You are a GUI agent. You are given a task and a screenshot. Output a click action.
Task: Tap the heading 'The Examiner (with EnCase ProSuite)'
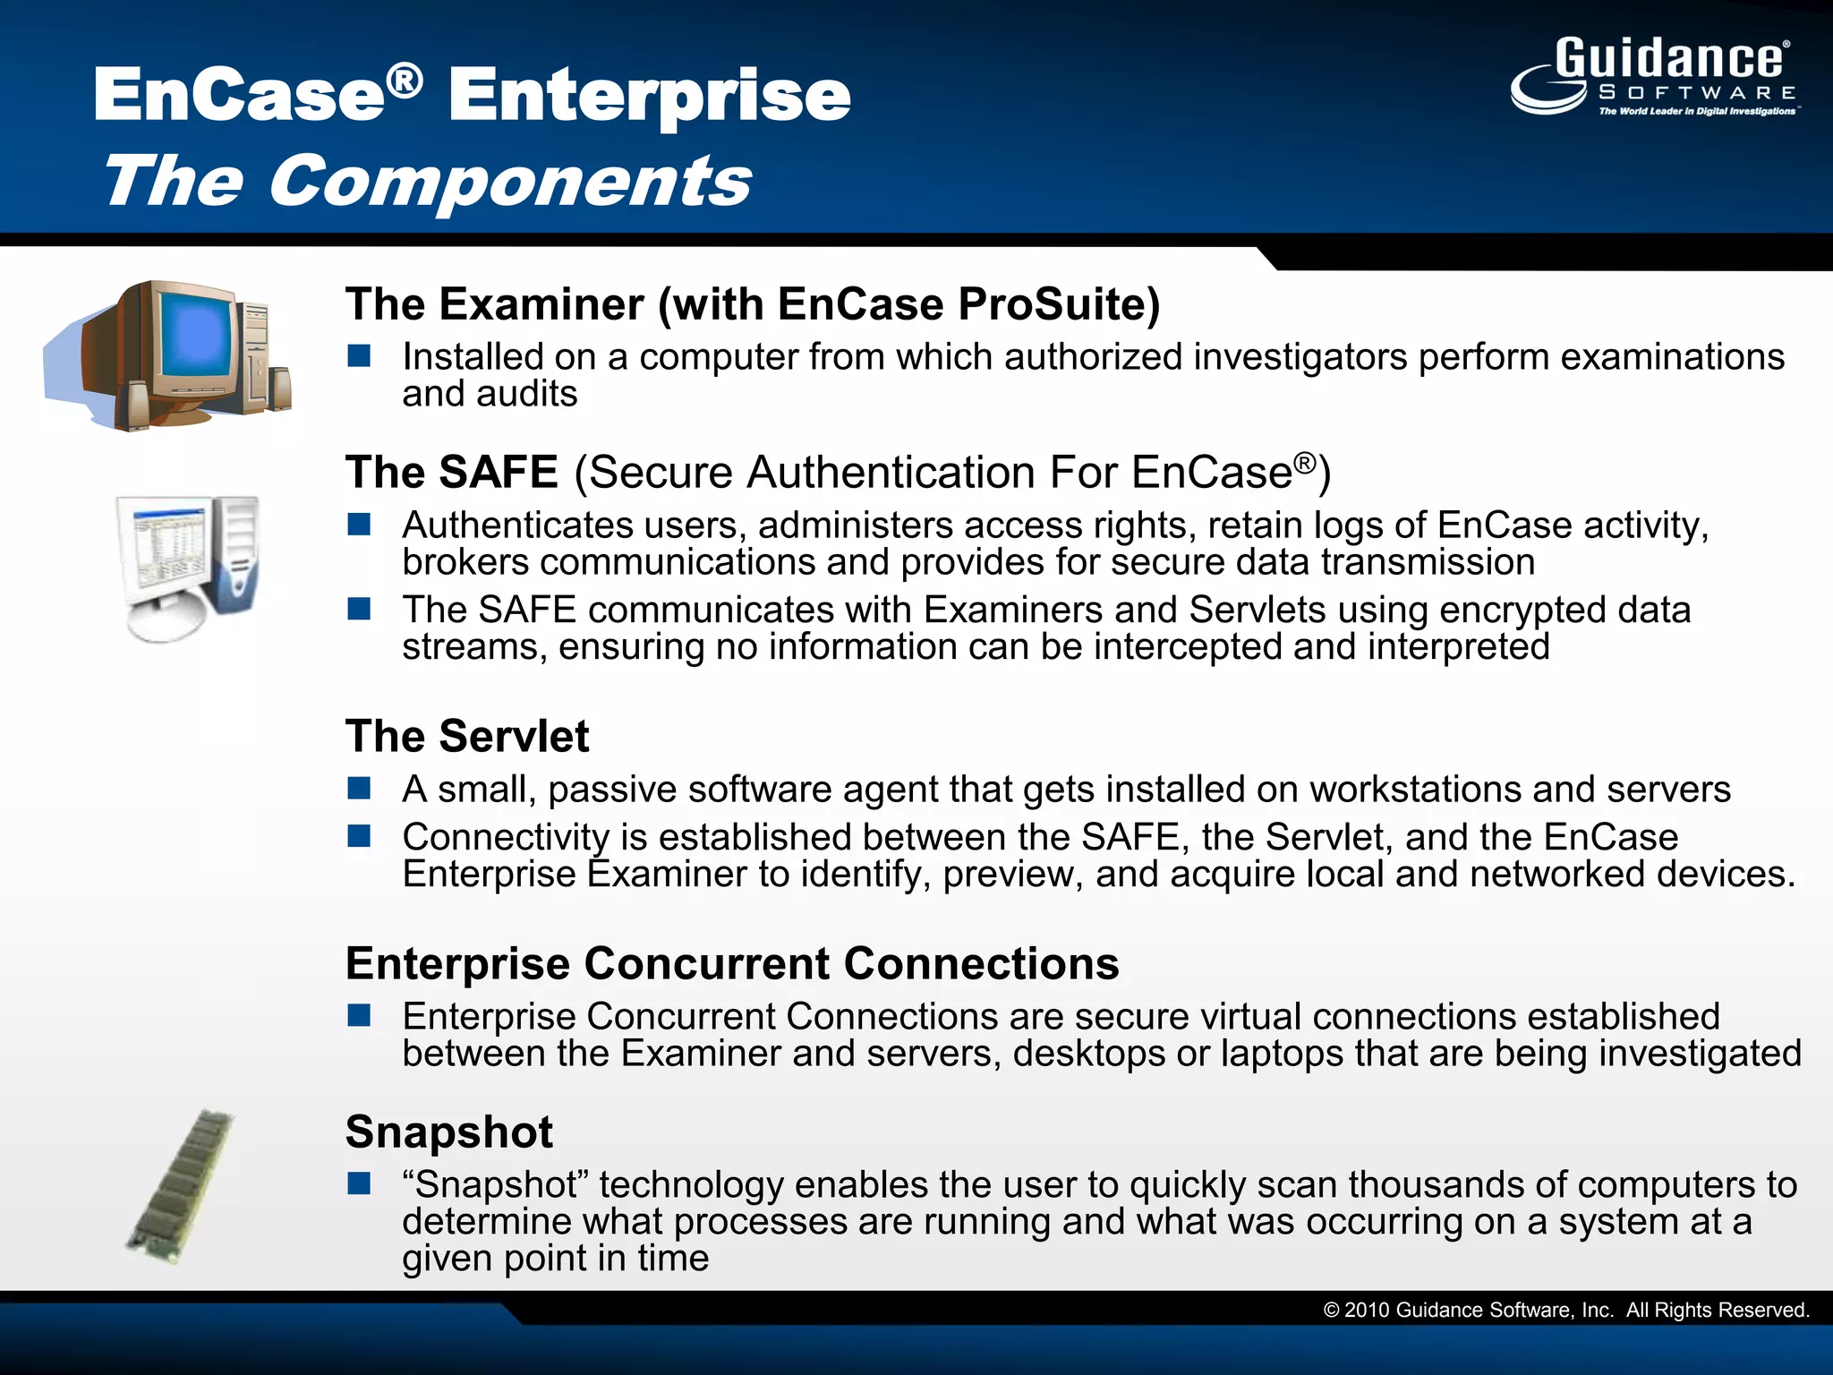click(752, 304)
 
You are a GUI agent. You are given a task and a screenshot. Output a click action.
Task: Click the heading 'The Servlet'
click(467, 737)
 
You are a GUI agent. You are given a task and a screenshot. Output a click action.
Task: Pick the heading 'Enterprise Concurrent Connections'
click(732, 964)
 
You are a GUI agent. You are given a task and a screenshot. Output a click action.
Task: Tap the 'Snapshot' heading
click(449, 1132)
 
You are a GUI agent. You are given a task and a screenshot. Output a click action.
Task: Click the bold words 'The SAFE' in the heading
click(452, 473)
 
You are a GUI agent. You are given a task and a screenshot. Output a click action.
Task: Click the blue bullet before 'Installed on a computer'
click(360, 357)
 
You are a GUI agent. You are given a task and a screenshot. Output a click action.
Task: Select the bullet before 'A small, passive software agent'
click(360, 789)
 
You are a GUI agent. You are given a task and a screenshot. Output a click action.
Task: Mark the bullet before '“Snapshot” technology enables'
click(360, 1184)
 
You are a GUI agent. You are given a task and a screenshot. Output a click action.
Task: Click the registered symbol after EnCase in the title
click(405, 81)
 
